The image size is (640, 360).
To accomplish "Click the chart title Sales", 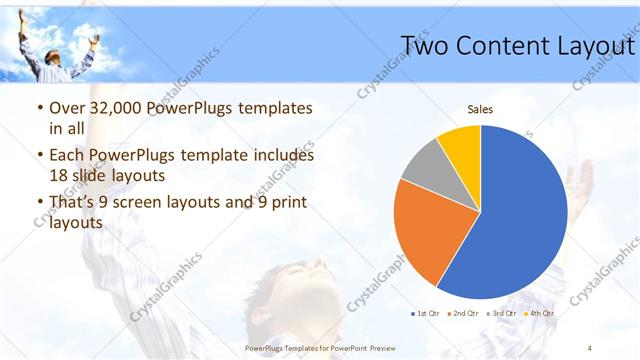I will tap(481, 110).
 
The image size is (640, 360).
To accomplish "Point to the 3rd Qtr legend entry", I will tap(502, 313).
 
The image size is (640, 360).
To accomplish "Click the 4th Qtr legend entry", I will tap(539, 313).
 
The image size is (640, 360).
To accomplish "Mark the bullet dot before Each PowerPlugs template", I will tap(38, 156).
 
